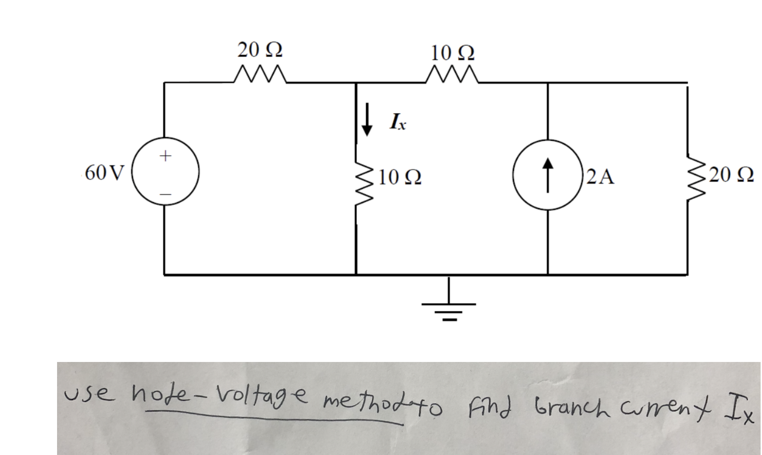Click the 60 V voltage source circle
pos(166,172)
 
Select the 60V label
pos(105,173)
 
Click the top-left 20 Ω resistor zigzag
pos(260,74)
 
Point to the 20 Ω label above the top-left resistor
pos(260,50)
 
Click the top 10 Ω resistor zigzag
pos(452,74)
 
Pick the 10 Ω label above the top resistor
pos(452,53)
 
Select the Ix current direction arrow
pos(367,119)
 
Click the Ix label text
pos(398,122)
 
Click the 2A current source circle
pos(547,175)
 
